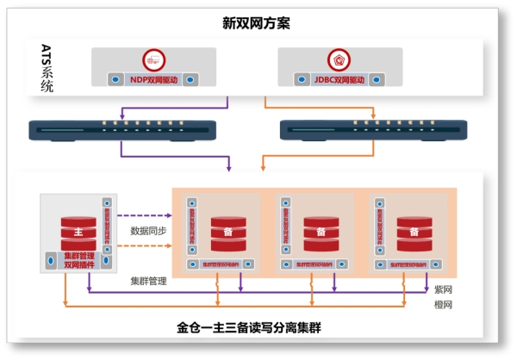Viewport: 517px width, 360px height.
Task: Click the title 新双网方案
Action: coord(256,23)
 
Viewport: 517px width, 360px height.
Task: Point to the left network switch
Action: coord(123,130)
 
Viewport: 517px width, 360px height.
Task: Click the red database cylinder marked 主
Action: coord(78,231)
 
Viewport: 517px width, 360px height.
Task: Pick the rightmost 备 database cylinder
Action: coord(414,231)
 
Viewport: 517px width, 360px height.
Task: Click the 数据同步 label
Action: coord(147,231)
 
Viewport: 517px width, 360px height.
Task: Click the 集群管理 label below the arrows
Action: coord(147,280)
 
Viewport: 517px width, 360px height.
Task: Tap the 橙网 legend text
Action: coord(443,306)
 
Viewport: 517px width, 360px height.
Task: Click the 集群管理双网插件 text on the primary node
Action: coord(78,260)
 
